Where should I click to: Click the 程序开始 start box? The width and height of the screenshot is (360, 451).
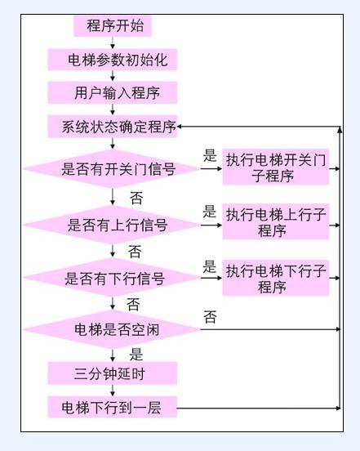click(x=113, y=26)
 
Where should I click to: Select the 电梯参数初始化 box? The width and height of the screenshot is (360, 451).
click(x=113, y=60)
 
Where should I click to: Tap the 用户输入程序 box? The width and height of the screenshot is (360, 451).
click(x=113, y=92)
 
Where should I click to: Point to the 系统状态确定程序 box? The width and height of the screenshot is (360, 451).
click(x=113, y=127)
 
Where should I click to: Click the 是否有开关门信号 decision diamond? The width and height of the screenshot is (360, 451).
click(x=112, y=168)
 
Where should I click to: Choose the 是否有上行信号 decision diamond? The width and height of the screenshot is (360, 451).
click(x=112, y=225)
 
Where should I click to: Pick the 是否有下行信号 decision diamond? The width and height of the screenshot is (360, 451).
click(x=112, y=278)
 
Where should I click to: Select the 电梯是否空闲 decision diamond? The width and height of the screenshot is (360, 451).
click(x=112, y=329)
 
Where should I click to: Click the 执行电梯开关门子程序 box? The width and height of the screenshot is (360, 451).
click(x=276, y=167)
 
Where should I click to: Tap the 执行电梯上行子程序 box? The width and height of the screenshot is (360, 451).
click(x=276, y=221)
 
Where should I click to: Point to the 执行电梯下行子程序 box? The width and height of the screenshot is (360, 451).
click(x=276, y=278)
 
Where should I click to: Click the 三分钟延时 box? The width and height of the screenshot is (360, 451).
click(x=113, y=373)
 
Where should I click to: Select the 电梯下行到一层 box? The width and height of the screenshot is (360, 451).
click(x=113, y=407)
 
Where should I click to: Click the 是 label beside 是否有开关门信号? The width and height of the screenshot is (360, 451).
click(x=210, y=155)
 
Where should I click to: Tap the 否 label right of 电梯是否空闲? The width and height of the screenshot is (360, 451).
click(x=210, y=317)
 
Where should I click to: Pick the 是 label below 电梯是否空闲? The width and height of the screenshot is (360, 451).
click(x=136, y=354)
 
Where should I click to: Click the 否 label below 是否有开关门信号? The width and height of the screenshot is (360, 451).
click(x=136, y=198)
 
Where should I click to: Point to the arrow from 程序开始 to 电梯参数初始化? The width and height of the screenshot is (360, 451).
click(x=113, y=42)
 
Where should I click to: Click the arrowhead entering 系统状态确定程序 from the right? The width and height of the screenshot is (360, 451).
click(x=180, y=127)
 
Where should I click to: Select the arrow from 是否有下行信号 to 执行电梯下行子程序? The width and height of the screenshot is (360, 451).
click(x=211, y=278)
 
